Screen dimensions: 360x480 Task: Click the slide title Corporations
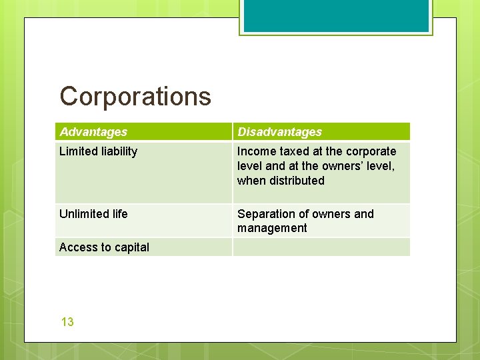pyautogui.click(x=135, y=97)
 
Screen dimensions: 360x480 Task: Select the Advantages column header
pyautogui.click(x=93, y=132)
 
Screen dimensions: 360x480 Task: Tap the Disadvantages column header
pyautogui.click(x=279, y=132)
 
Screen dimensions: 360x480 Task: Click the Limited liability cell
pyautogui.click(x=98, y=151)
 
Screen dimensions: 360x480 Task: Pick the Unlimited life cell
pyautogui.click(x=93, y=214)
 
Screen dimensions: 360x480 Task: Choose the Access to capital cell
pyautogui.click(x=104, y=247)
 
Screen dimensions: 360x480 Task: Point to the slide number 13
pyautogui.click(x=67, y=322)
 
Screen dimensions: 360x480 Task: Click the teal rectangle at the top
pyautogui.click(x=336, y=16)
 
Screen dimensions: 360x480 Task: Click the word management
pyautogui.click(x=272, y=228)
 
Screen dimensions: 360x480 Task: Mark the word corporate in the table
pyautogui.click(x=370, y=151)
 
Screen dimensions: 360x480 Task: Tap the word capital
pyautogui.click(x=132, y=247)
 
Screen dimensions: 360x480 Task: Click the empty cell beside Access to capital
pyautogui.click(x=321, y=247)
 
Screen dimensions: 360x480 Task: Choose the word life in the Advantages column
pyautogui.click(x=120, y=214)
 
